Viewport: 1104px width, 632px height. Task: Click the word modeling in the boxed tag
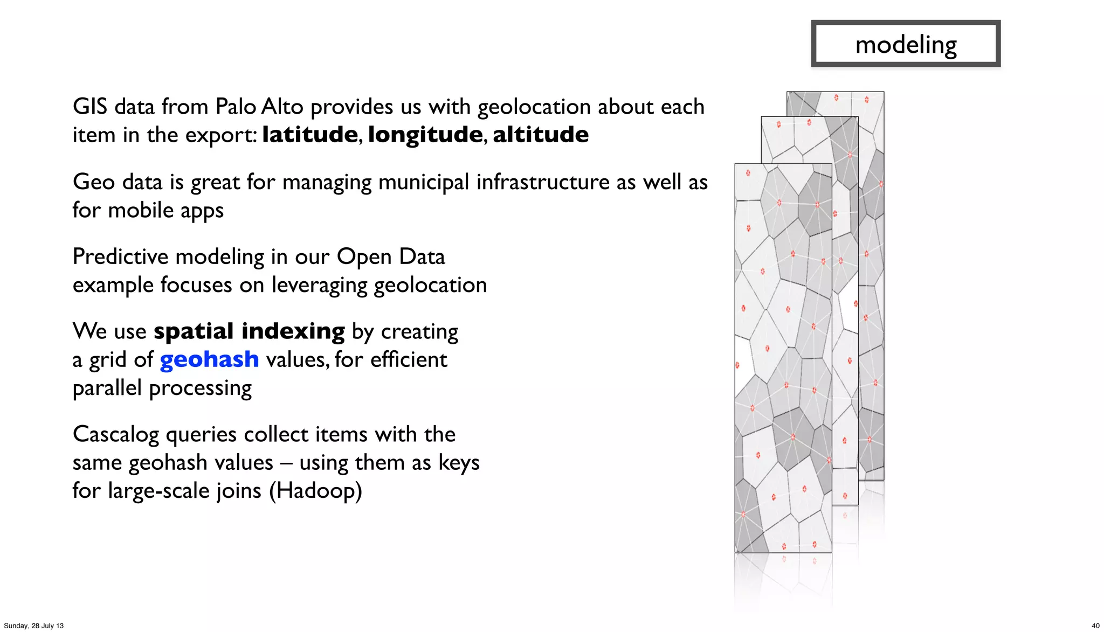[x=906, y=45]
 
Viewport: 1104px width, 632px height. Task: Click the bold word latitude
[x=310, y=135]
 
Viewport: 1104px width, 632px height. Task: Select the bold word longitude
[x=425, y=135]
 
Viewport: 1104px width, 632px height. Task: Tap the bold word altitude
[x=540, y=135]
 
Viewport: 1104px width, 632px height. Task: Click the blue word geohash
[x=209, y=359]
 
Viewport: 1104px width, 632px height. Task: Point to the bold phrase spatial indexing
[x=249, y=331]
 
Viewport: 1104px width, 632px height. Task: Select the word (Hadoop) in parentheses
[x=315, y=491]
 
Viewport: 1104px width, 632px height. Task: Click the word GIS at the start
[x=90, y=107]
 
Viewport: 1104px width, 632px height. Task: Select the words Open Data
[x=391, y=257]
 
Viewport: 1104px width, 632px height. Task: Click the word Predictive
[x=121, y=257]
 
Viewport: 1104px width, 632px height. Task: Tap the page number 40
[x=1095, y=626]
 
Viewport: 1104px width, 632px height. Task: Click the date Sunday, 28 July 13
[x=33, y=626]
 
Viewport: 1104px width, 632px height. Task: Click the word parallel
[x=108, y=388]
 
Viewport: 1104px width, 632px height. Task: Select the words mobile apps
[x=165, y=211]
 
